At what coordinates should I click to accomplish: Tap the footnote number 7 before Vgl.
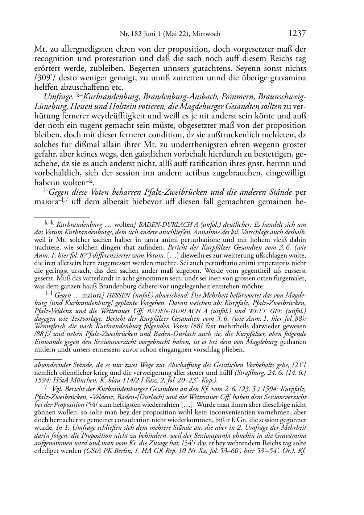46,388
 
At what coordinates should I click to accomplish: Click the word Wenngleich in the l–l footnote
51,327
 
